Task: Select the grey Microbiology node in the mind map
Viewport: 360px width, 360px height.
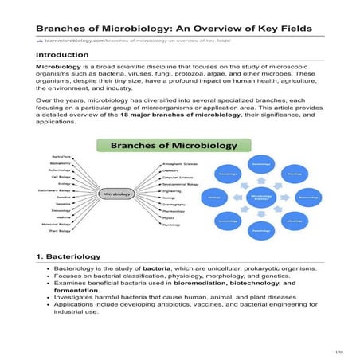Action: pyautogui.click(x=115, y=193)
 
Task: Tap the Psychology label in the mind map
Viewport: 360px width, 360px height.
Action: pyautogui.click(x=172, y=225)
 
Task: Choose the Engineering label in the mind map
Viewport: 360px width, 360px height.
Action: pyautogui.click(x=172, y=191)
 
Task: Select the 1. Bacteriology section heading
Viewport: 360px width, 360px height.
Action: pyautogui.click(x=68, y=256)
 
